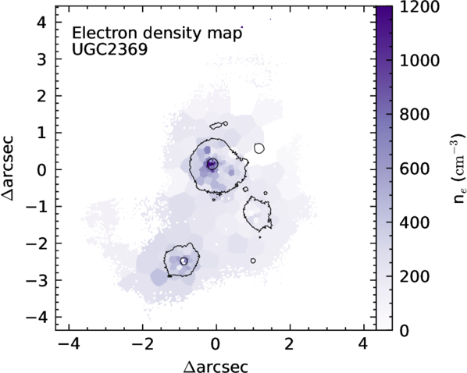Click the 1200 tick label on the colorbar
pos(419,6)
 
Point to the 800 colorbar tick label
pos(414,115)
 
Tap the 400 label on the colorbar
pos(414,222)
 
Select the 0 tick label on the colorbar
pos(404,330)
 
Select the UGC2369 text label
pos(109,49)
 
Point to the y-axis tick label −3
pos(37,280)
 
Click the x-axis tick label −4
pos(69,345)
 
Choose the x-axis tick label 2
pos(290,345)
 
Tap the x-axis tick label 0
pos(216,345)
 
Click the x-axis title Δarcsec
pos(216,367)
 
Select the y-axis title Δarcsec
pos(8,169)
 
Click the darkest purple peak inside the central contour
pos(212,164)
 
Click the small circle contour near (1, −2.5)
pos(253,261)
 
